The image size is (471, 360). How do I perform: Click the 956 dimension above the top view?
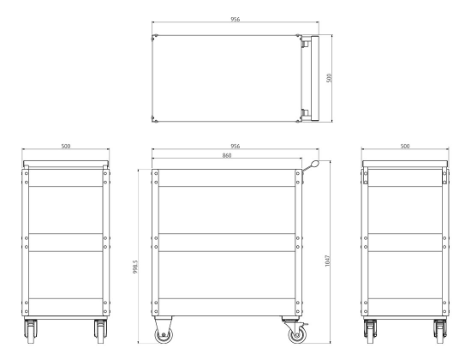[x=235, y=19]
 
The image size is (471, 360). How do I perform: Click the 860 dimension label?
[x=227, y=155]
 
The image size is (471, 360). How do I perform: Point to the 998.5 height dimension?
[x=135, y=267]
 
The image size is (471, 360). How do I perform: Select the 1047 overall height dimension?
[x=327, y=261]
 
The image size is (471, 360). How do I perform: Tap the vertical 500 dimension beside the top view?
[x=329, y=78]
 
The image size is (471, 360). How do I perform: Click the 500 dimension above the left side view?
[x=65, y=147]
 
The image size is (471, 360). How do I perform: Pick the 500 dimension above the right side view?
[x=405, y=147]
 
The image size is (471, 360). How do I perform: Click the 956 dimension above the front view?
[x=235, y=147]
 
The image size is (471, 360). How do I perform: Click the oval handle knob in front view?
[x=315, y=165]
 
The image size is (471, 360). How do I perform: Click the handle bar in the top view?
[x=314, y=79]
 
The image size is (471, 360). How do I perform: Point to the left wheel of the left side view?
[x=31, y=332]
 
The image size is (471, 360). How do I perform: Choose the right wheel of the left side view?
[x=101, y=332]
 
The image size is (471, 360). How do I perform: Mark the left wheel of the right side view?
[x=370, y=332]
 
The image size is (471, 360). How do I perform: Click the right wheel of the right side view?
[x=440, y=332]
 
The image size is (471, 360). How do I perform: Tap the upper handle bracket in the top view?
[x=306, y=43]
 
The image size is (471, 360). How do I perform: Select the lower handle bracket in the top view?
[x=306, y=114]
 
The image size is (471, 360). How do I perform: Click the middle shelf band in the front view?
[x=227, y=243]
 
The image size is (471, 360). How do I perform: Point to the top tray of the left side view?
[x=65, y=164]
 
